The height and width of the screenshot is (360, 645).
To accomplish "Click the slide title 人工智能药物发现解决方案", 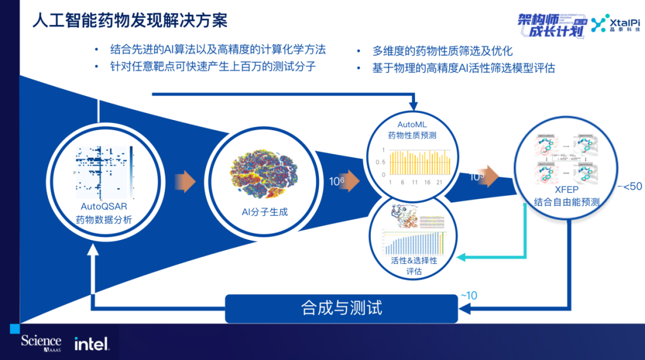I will [130, 20].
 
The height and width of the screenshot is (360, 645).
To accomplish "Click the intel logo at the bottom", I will [91, 343].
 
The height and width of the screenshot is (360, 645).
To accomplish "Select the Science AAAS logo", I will [41, 342].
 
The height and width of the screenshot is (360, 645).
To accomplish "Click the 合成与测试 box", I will [341, 308].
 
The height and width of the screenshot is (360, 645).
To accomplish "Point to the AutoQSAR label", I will [104, 207].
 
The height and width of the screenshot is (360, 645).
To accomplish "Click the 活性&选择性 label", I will [413, 260].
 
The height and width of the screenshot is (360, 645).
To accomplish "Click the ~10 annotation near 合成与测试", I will [469, 295].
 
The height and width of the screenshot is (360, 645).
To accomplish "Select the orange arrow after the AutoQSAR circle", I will [186, 181].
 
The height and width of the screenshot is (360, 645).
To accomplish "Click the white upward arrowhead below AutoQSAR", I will [92, 250].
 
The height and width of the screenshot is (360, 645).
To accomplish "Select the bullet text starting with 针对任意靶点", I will [213, 66].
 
